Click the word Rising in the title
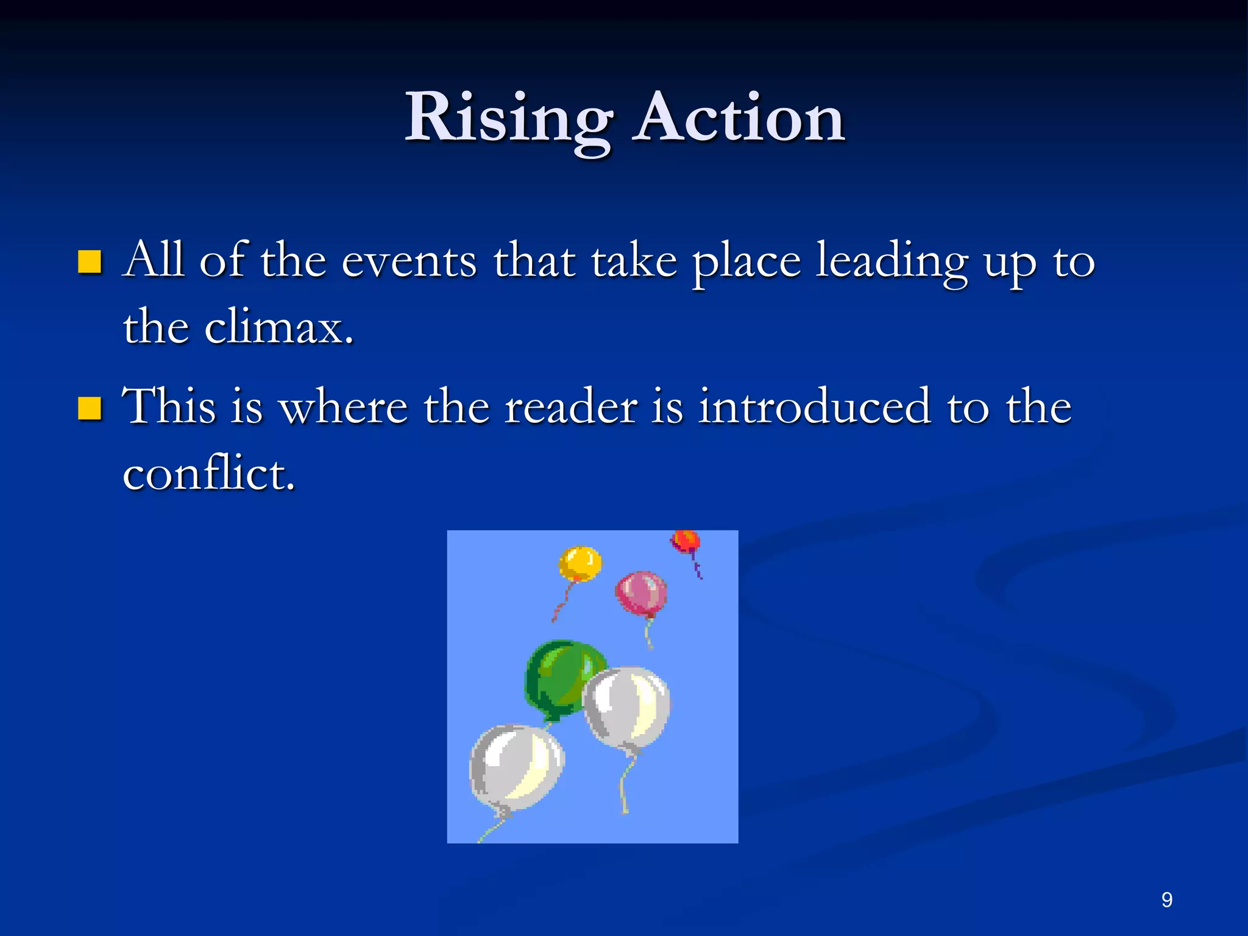coord(509,119)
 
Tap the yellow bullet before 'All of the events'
coord(90,261)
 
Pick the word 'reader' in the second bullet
coord(571,408)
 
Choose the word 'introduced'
coord(814,408)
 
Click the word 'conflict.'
coord(209,473)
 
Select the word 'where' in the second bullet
coord(343,408)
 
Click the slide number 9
coord(1166,900)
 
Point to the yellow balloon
coord(580,563)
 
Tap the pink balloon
coord(641,593)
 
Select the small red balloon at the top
coord(686,541)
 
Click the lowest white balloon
coord(516,768)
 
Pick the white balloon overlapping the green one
coord(626,707)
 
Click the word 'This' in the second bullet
coord(169,406)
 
